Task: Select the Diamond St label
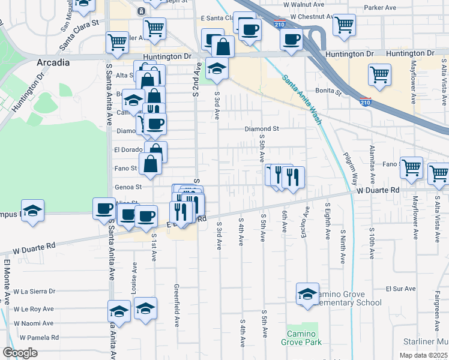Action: coord(262,128)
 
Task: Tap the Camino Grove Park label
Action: coord(301,338)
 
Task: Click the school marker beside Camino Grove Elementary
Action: coord(307,294)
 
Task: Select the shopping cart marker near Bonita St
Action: coord(380,75)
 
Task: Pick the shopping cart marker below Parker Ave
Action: coord(344,25)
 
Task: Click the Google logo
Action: coord(20,353)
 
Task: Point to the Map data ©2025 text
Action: coord(423,355)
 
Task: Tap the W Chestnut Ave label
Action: coord(312,17)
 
